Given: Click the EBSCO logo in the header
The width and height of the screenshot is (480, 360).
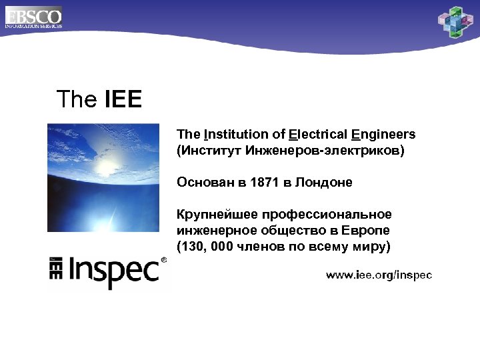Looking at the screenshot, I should tap(33, 16).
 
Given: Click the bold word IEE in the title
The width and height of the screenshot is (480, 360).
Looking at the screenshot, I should tap(123, 100).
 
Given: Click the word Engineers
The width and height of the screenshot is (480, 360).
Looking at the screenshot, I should tap(383, 134).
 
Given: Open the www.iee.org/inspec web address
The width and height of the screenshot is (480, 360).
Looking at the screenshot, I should tap(378, 275).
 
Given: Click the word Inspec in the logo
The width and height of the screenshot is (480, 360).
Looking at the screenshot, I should tap(114, 271).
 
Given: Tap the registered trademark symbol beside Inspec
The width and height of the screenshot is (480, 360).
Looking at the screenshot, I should tap(164, 261).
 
